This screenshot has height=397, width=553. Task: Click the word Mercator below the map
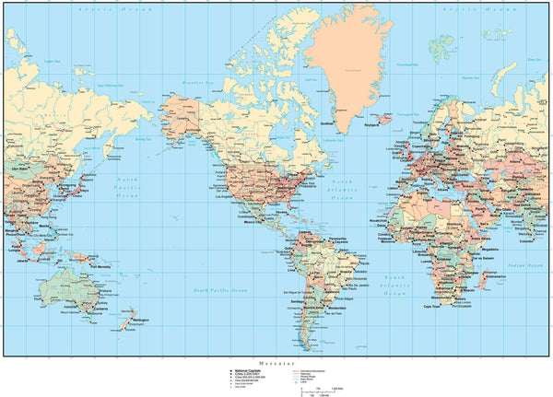pos(276,363)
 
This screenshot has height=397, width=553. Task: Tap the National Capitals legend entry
pos(243,370)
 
